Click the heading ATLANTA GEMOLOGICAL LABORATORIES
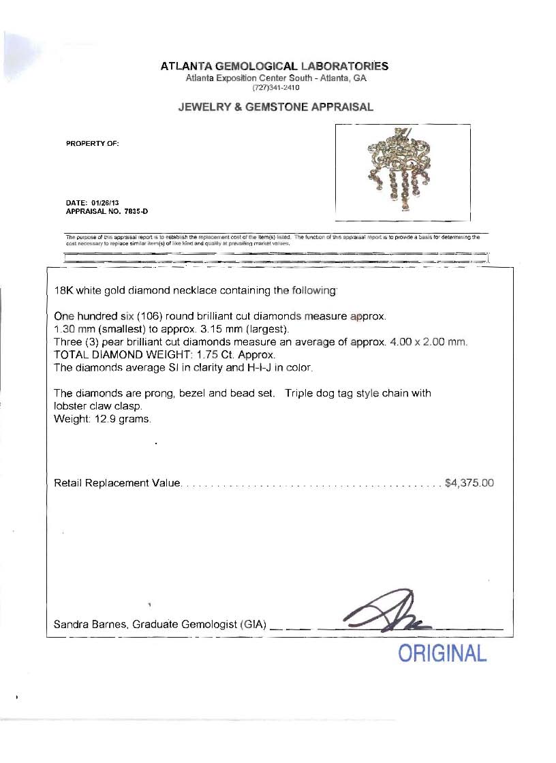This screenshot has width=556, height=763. click(x=275, y=67)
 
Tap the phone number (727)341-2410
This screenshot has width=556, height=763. click(x=275, y=88)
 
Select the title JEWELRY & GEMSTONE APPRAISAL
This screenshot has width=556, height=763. click(x=275, y=107)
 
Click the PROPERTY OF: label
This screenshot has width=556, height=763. click(x=92, y=143)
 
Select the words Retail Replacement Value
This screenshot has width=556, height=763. click(x=117, y=483)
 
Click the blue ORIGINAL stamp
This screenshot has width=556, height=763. click(x=442, y=653)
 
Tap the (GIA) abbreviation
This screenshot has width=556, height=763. click(x=253, y=624)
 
